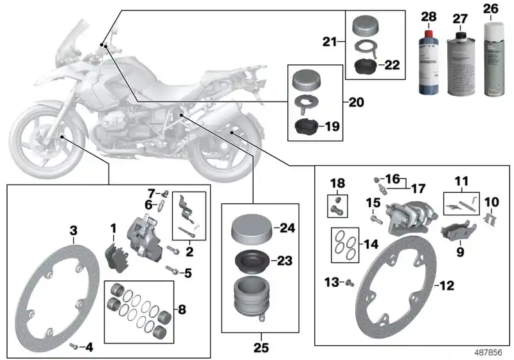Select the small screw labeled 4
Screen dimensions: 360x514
(75, 346)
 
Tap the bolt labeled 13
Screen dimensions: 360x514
(350, 281)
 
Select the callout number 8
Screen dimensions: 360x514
(182, 310)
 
